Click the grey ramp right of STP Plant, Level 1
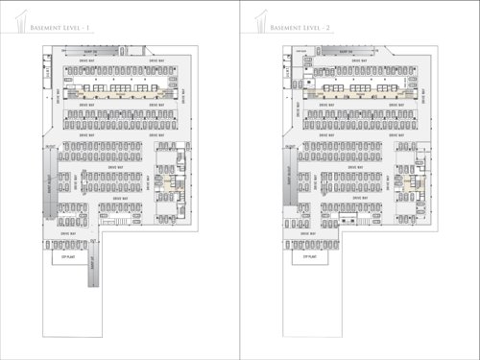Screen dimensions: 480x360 click(93, 264)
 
